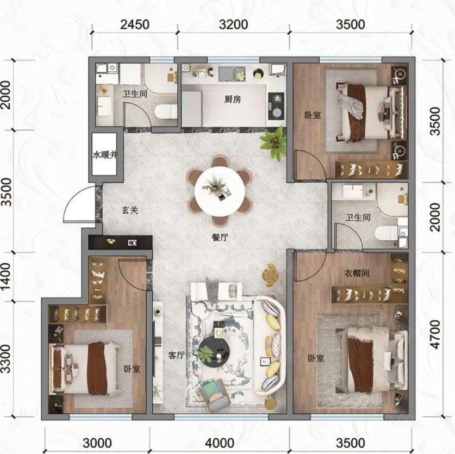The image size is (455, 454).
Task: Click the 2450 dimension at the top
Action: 135,24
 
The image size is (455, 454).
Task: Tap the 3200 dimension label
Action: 233,24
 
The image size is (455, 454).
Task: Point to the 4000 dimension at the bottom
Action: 220,443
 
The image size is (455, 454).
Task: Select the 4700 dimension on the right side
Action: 435,334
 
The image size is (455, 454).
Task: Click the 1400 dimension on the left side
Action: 6,276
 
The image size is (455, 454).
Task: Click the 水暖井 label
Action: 105,155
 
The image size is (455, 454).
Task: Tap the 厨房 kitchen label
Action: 233,99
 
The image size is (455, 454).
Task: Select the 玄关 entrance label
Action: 130,210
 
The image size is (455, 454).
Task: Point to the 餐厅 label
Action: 220,238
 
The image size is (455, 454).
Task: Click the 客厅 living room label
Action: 176,355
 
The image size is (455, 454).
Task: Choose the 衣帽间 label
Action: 357,273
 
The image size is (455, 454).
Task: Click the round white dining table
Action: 220,191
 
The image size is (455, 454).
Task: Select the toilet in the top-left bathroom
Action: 166,112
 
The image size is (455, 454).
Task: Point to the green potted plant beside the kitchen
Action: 274,143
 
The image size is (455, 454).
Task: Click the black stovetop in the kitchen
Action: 276,105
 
